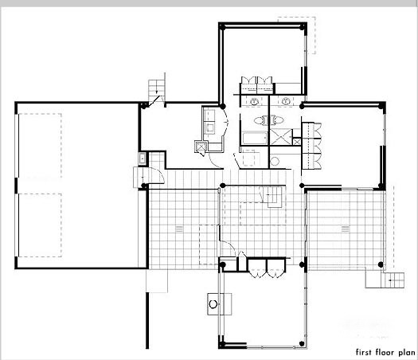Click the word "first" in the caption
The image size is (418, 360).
click(x=364, y=352)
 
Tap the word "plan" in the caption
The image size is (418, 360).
click(x=407, y=353)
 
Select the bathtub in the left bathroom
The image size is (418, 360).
click(x=254, y=138)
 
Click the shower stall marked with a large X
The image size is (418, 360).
click(x=281, y=137)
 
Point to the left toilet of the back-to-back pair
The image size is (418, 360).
click(x=260, y=120)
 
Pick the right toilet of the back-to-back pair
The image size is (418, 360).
click(x=276, y=120)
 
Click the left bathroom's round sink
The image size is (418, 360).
click(x=254, y=101)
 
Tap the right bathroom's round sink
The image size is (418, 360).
click(x=286, y=101)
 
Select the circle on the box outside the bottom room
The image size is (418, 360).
click(x=213, y=304)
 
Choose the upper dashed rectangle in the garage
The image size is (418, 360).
click(x=40, y=145)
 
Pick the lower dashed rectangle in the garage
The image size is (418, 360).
click(x=40, y=225)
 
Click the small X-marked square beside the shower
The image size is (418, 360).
click(x=296, y=141)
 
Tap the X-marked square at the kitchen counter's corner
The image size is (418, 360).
click(x=200, y=147)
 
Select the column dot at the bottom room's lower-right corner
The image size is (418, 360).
click(x=302, y=343)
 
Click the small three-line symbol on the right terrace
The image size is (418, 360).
click(x=346, y=229)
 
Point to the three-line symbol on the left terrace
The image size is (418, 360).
click(x=179, y=229)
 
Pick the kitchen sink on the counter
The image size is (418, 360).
click(x=210, y=128)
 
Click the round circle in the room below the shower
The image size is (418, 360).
click(x=275, y=162)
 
